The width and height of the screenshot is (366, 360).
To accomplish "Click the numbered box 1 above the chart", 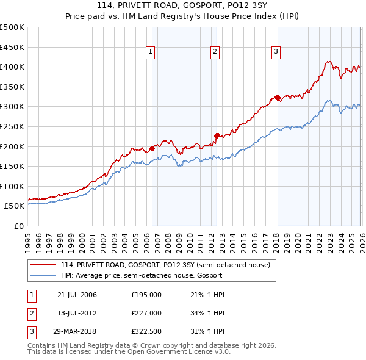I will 150,52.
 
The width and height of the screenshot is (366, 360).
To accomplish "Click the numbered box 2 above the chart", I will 215,52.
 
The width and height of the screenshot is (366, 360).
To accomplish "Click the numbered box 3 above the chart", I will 276,52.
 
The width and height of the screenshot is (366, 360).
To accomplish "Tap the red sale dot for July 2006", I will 152,148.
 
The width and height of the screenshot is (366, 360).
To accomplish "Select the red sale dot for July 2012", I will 216,135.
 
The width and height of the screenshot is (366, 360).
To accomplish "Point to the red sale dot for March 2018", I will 277,97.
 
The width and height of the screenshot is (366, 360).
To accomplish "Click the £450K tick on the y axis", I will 12,47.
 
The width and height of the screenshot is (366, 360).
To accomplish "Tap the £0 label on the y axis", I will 18,226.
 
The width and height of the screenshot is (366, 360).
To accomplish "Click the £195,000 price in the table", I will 146,295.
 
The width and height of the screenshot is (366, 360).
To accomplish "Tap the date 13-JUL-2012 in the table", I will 77,313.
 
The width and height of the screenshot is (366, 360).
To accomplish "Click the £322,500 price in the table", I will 146,331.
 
